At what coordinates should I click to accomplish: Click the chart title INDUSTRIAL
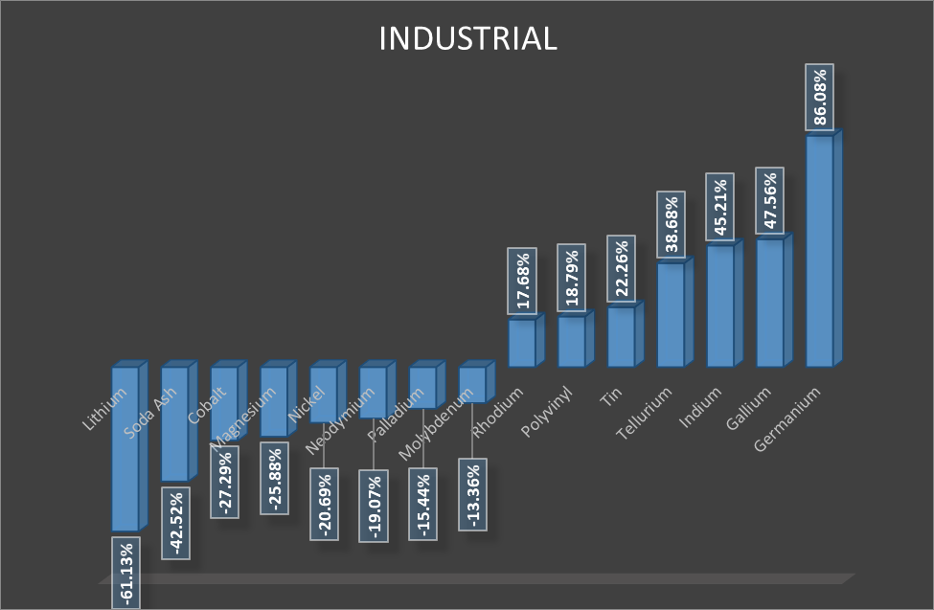[x=467, y=38]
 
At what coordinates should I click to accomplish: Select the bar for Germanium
[x=819, y=251]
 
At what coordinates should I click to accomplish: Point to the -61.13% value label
[x=126, y=572]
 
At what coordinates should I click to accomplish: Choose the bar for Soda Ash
[x=174, y=423]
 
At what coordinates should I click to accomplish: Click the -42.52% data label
[x=176, y=522]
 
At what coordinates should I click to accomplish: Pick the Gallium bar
[x=770, y=303]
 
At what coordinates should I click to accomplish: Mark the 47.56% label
[x=771, y=202]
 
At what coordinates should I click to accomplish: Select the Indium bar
[x=720, y=306]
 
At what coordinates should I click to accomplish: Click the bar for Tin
[x=621, y=337]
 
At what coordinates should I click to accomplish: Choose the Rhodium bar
[x=522, y=343]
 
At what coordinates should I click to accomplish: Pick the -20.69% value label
[x=325, y=505]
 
